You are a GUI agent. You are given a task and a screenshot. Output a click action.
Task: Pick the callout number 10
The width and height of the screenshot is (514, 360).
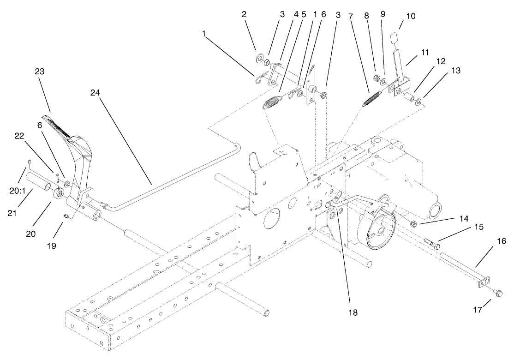point(410,16)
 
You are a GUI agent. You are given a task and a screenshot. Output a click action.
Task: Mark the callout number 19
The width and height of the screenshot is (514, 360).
point(51,246)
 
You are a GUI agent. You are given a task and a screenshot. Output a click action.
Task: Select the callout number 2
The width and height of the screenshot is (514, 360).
point(244,14)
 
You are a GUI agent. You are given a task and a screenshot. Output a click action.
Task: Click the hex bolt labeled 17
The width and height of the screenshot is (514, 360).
point(498,293)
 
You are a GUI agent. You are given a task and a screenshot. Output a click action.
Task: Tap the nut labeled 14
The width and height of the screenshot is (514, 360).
point(414,224)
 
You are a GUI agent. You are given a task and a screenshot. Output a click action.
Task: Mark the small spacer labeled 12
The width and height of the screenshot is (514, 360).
point(408,98)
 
